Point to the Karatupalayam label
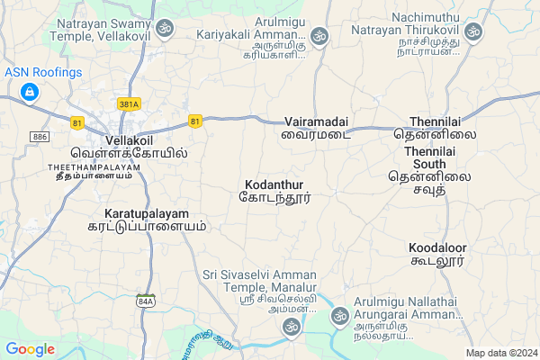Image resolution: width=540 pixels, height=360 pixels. pos(139,213)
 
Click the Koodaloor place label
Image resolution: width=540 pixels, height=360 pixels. pos(436,247)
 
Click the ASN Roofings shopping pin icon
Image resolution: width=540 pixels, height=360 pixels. pos(30,92)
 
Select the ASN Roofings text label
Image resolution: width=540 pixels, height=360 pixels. pos(43,72)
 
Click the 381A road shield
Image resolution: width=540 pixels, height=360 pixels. pos(130,104)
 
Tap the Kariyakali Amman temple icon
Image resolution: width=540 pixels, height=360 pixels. pos(319,36)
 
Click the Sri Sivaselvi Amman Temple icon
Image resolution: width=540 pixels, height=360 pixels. pos(292,330)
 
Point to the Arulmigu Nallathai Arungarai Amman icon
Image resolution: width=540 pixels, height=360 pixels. pos(339,315)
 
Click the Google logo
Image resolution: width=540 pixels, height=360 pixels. pos(31,348)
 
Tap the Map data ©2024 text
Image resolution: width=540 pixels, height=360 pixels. pos(500,353)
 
